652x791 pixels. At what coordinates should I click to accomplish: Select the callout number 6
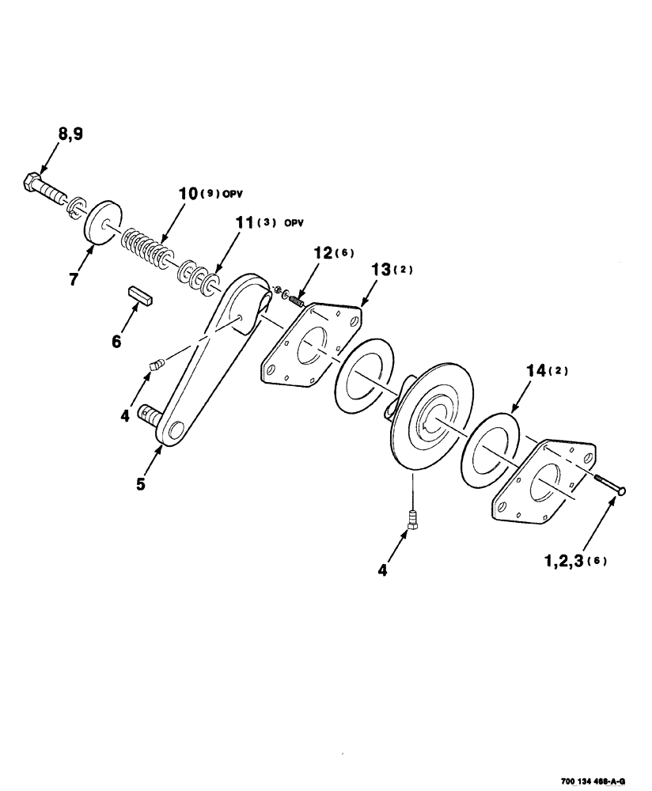pos(117,341)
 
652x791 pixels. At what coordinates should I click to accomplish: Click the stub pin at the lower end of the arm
pos(150,414)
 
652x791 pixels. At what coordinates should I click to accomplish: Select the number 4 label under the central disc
pos(383,569)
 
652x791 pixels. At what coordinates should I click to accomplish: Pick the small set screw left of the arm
pos(157,364)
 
